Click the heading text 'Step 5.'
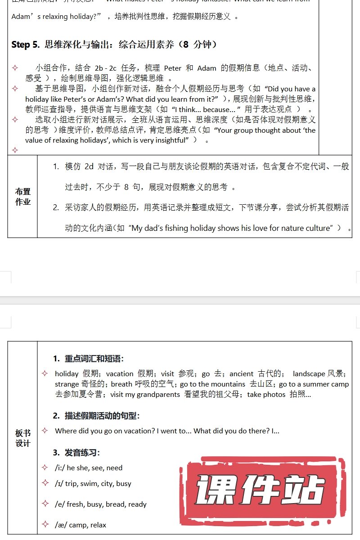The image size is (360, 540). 26,45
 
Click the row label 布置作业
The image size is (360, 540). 22,197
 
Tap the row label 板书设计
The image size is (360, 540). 22,438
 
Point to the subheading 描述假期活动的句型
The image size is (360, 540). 103,416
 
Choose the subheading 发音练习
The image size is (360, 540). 82,452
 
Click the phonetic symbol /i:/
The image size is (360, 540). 60,468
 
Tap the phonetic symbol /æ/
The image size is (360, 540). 61,525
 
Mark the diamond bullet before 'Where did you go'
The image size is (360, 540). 45,431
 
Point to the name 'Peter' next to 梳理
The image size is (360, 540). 173,68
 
